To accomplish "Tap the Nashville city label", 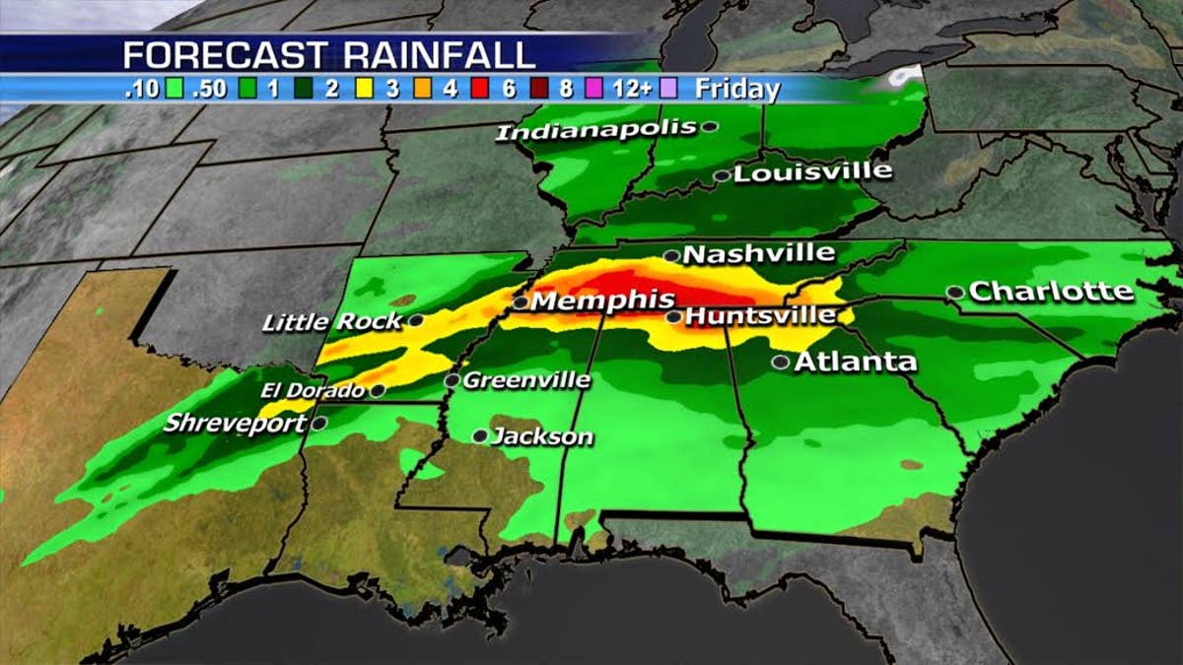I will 758,253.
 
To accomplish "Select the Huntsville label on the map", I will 759,316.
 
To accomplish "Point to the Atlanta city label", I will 855,362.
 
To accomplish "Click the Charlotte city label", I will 1051,292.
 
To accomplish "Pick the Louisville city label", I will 813,171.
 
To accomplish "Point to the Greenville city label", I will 526,379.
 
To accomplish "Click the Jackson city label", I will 542,435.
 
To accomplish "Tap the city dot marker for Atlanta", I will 780,363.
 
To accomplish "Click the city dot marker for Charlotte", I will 954,292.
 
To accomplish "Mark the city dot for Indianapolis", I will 709,126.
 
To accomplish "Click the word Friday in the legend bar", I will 736,89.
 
